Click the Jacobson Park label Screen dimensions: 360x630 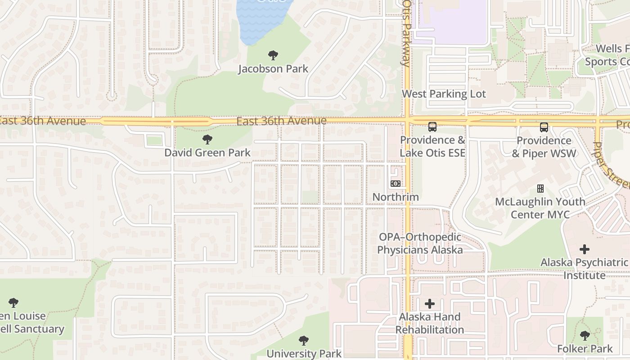[273, 69]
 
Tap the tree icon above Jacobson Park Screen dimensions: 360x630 [273, 55]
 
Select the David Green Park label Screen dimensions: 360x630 [207, 153]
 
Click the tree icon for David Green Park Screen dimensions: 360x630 [207, 139]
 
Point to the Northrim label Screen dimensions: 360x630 [396, 197]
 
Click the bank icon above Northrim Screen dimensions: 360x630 [396, 184]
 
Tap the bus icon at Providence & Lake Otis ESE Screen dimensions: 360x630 [432, 127]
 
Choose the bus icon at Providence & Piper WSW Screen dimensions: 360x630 [544, 127]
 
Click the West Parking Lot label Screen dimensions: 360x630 [444, 94]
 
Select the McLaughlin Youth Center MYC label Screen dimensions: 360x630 [540, 208]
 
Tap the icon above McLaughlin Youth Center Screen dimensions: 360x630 [540, 189]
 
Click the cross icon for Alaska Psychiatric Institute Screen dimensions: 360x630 [585, 249]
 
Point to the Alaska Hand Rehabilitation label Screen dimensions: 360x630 [430, 323]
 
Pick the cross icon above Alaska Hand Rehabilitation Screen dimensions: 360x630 [430, 304]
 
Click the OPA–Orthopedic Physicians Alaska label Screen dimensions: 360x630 [420, 243]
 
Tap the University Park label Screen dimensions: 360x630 [304, 353]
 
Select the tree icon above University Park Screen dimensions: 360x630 [304, 340]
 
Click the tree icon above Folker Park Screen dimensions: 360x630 [585, 335]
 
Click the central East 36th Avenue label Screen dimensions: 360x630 [281, 121]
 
